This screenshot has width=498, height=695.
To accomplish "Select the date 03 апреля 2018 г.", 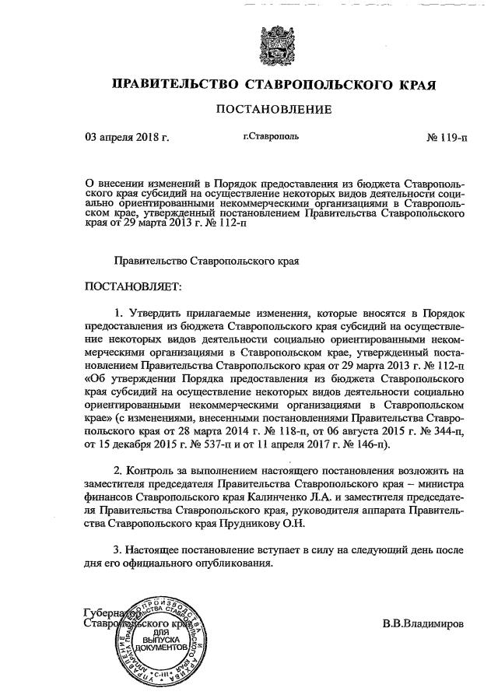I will click(x=127, y=139).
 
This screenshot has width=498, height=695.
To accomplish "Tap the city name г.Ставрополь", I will click(x=271, y=139).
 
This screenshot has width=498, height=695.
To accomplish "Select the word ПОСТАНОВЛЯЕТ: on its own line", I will click(x=132, y=286).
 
